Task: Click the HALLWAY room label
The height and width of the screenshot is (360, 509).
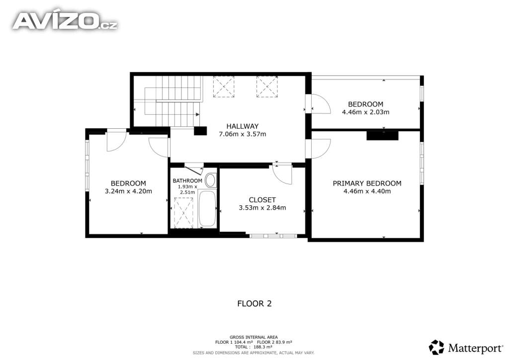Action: [242, 126]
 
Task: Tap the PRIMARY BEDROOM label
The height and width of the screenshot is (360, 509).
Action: [367, 183]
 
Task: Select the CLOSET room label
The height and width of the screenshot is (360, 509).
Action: [262, 200]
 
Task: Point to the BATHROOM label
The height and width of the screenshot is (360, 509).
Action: [187, 181]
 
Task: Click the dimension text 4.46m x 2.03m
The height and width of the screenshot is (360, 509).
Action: [365, 112]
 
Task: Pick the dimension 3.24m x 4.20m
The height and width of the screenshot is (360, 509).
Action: [128, 191]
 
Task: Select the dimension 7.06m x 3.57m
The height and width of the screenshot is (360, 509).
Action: [243, 134]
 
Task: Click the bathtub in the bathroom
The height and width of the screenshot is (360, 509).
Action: [207, 208]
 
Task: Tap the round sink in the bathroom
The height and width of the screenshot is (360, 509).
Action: [210, 180]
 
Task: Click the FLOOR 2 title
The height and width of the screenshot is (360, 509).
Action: [254, 303]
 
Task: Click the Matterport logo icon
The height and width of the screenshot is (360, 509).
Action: [436, 348]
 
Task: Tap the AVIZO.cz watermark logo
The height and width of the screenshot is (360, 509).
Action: [65, 21]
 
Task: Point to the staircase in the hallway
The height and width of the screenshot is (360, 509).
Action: [172, 101]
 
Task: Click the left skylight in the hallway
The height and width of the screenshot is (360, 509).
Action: [224, 87]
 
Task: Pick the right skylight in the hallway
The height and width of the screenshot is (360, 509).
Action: [267, 87]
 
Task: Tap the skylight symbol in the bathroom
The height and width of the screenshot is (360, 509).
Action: [184, 213]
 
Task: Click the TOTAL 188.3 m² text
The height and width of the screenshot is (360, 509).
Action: [254, 347]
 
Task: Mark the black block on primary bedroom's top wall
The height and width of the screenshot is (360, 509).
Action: [382, 135]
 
